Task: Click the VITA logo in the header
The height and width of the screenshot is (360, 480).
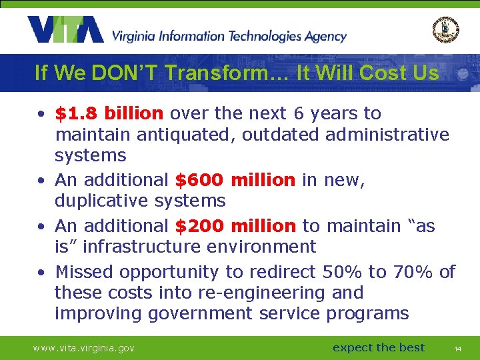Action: pos(65,30)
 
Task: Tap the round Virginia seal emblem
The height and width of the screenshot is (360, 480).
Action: pos(445,29)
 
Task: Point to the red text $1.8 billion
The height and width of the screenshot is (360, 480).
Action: pos(109,114)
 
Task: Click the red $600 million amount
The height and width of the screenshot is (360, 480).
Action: pos(235,180)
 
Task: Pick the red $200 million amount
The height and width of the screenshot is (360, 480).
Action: pos(235,226)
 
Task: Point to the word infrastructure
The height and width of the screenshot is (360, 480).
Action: pos(143,247)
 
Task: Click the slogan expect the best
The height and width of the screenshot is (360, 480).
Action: pos(379,347)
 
